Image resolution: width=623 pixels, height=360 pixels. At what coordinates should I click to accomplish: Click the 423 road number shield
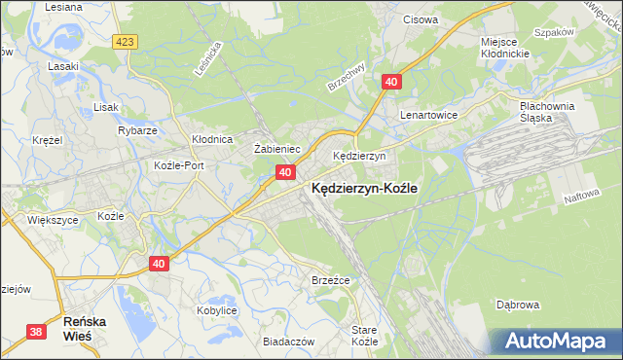[124, 42]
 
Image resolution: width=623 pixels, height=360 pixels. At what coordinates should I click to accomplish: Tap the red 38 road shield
[36, 332]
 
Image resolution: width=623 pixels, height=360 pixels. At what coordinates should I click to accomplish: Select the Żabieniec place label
[275, 149]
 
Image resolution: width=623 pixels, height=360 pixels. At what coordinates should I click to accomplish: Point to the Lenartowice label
[428, 114]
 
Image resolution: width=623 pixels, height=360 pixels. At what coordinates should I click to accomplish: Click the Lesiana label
[63, 7]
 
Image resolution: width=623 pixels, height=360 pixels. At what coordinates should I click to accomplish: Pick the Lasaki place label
[63, 66]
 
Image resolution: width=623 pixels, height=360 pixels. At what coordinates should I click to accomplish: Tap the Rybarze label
[137, 130]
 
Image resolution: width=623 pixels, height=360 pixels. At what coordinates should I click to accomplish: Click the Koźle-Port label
[179, 165]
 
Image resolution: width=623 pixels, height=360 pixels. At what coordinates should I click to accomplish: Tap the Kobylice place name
[217, 309]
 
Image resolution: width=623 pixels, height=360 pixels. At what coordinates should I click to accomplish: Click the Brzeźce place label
[330, 279]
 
